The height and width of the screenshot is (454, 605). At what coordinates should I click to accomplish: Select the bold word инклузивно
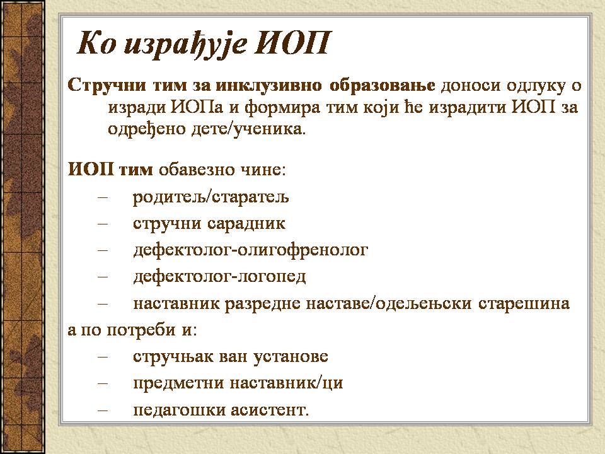[x=268, y=85]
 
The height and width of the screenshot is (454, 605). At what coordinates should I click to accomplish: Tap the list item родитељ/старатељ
[x=210, y=197]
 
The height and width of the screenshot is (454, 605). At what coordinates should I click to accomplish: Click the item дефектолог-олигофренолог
[x=250, y=250]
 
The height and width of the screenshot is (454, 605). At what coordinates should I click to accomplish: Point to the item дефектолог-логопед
[x=219, y=277]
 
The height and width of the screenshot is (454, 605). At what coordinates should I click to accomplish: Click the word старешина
[x=524, y=303]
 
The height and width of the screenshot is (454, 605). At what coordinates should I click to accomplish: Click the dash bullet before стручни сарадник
[x=103, y=224]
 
